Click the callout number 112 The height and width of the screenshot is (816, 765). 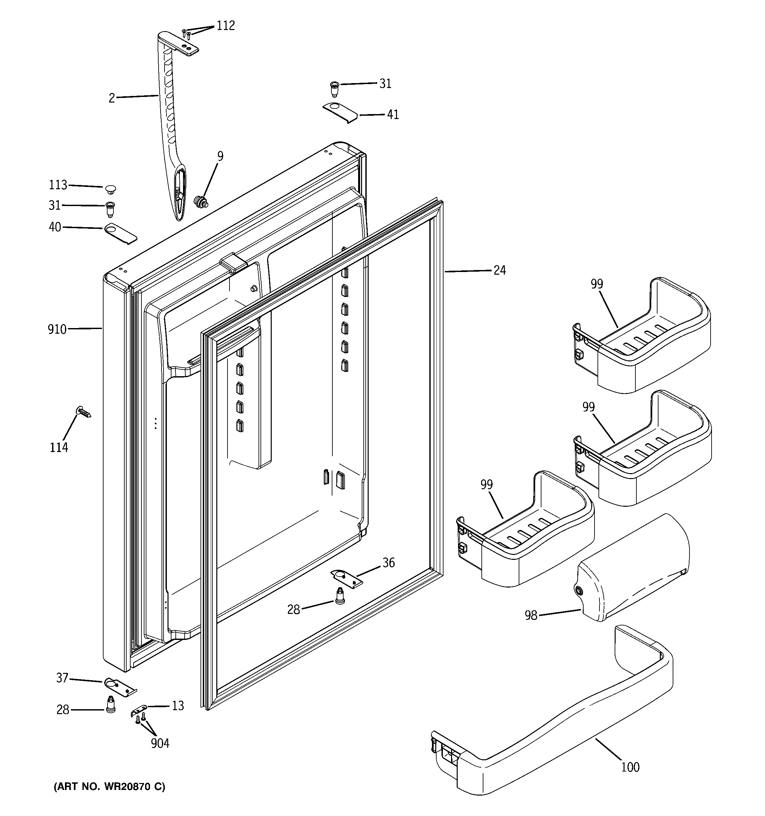[x=226, y=26]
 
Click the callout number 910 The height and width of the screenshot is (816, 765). [x=57, y=329]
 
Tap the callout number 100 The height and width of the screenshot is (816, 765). [x=630, y=767]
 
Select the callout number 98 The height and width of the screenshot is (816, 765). [x=531, y=615]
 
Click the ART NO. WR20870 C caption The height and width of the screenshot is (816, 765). [x=109, y=786]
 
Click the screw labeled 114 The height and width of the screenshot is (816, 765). [x=83, y=411]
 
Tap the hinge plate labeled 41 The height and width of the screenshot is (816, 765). [x=340, y=112]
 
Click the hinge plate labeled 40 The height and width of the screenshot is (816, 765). [x=120, y=233]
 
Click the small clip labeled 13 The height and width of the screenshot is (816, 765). [x=139, y=710]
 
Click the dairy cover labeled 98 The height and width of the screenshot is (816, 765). [x=632, y=571]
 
